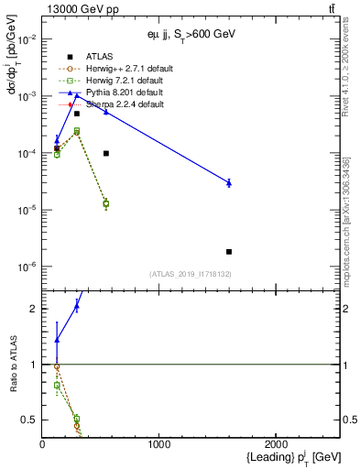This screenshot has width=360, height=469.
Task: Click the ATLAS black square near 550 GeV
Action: (106, 153)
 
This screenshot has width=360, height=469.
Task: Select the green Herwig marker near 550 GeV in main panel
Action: (106, 203)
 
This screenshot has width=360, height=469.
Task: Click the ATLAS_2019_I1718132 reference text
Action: (191, 274)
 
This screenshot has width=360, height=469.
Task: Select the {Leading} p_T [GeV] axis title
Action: (288, 458)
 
